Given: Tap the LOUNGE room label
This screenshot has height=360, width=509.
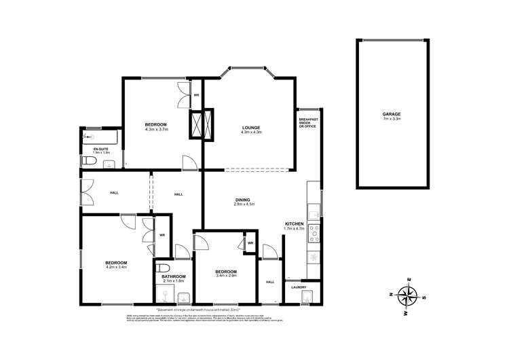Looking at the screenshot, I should pyautogui.click(x=250, y=127).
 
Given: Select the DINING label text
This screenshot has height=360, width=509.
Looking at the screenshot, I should pyautogui.click(x=243, y=199).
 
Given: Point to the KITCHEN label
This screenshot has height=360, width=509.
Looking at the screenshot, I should pyautogui.click(x=294, y=223).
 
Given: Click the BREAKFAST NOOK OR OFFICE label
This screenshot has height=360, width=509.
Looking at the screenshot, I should pyautogui.click(x=308, y=122).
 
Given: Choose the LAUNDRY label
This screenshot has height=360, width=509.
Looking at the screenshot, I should pyautogui.click(x=299, y=287).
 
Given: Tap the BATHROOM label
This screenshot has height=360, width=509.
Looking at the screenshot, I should pyautogui.click(x=173, y=276).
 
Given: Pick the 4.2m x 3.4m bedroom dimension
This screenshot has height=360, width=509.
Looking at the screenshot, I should pyautogui.click(x=115, y=267).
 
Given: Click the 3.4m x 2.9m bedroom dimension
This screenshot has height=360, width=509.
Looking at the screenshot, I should pyautogui.click(x=226, y=275).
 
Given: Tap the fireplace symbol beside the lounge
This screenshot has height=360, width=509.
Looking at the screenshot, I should pyautogui.click(x=203, y=124).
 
